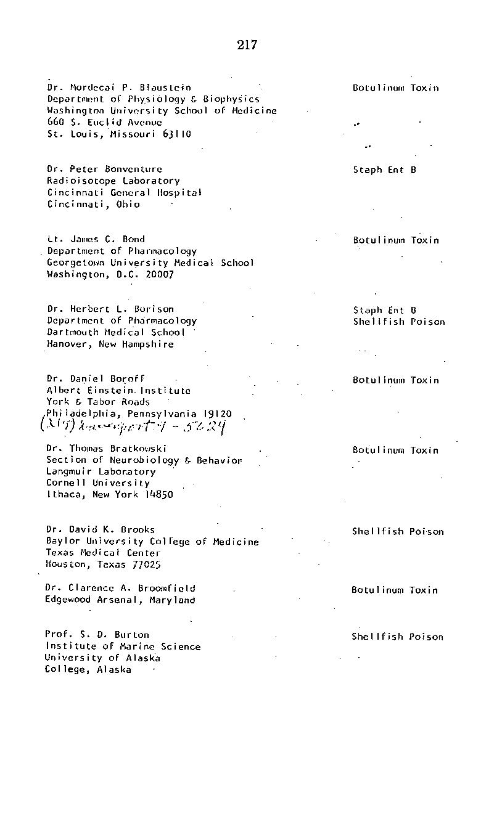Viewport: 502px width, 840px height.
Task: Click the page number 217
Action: click(x=246, y=45)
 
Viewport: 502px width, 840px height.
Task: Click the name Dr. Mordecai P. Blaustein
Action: click(x=119, y=88)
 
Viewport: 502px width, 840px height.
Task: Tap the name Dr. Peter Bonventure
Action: click(x=105, y=169)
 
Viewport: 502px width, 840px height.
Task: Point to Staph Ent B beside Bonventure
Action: click(x=384, y=169)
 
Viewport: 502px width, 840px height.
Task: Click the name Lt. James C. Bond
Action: click(x=96, y=239)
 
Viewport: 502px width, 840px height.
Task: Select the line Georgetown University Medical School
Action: click(x=150, y=263)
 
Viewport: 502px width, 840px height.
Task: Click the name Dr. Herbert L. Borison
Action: click(x=110, y=309)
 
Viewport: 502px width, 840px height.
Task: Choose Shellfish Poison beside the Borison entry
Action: click(x=398, y=322)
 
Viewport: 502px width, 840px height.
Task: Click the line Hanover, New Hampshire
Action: click(x=110, y=344)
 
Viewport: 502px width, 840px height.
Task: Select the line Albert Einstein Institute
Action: click(x=118, y=390)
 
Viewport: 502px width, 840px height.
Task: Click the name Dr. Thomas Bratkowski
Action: click(x=107, y=449)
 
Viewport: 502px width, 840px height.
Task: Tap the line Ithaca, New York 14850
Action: click(x=109, y=494)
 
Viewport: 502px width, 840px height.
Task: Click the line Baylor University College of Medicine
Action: click(x=152, y=542)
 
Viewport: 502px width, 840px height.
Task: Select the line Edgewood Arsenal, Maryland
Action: click(x=120, y=600)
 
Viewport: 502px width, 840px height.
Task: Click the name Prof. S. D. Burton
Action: click(x=97, y=634)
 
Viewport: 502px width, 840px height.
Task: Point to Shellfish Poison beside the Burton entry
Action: click(x=397, y=637)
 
